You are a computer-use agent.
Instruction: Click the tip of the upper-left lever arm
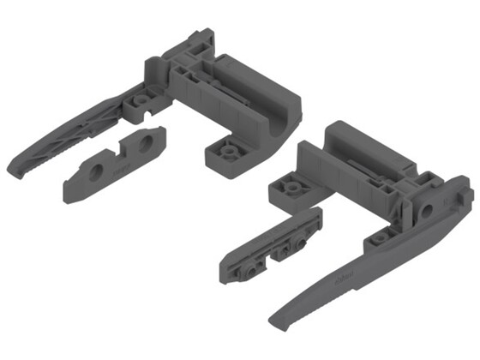[15, 166]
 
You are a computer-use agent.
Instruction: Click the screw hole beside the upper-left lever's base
[138, 100]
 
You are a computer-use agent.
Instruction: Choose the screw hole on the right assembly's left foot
[290, 187]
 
